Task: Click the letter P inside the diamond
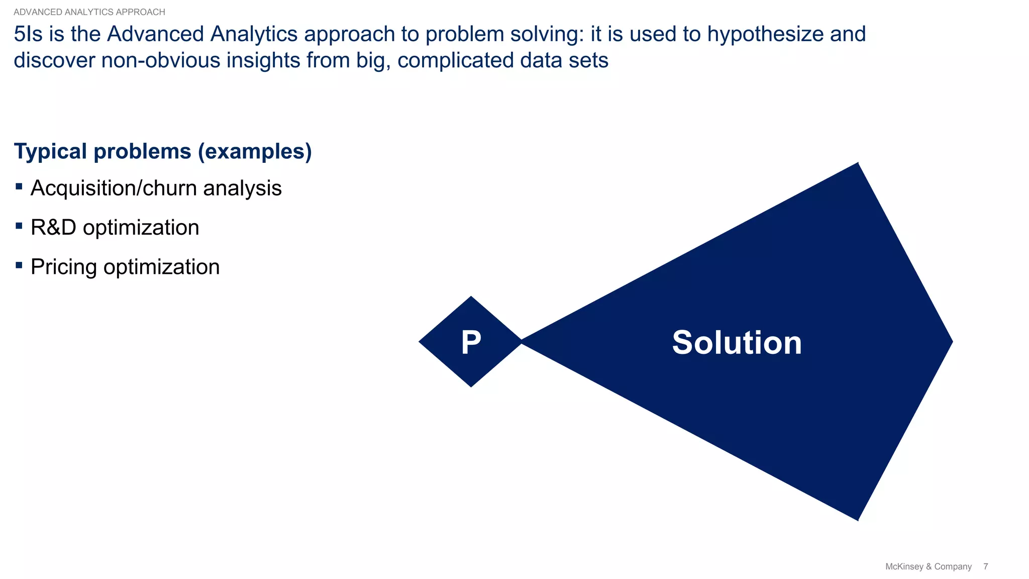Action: [471, 343]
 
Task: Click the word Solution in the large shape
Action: [737, 343]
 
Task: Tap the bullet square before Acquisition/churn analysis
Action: [19, 187]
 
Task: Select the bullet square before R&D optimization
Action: [19, 226]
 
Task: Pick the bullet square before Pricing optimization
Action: [19, 265]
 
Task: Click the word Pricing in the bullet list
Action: [64, 267]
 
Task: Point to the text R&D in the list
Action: [53, 228]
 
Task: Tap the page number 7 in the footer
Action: [985, 566]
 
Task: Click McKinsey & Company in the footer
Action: [928, 566]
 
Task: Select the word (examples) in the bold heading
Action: [255, 152]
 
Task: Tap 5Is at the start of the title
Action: [28, 34]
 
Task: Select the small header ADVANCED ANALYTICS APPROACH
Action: [89, 12]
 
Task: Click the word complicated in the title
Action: [455, 60]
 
